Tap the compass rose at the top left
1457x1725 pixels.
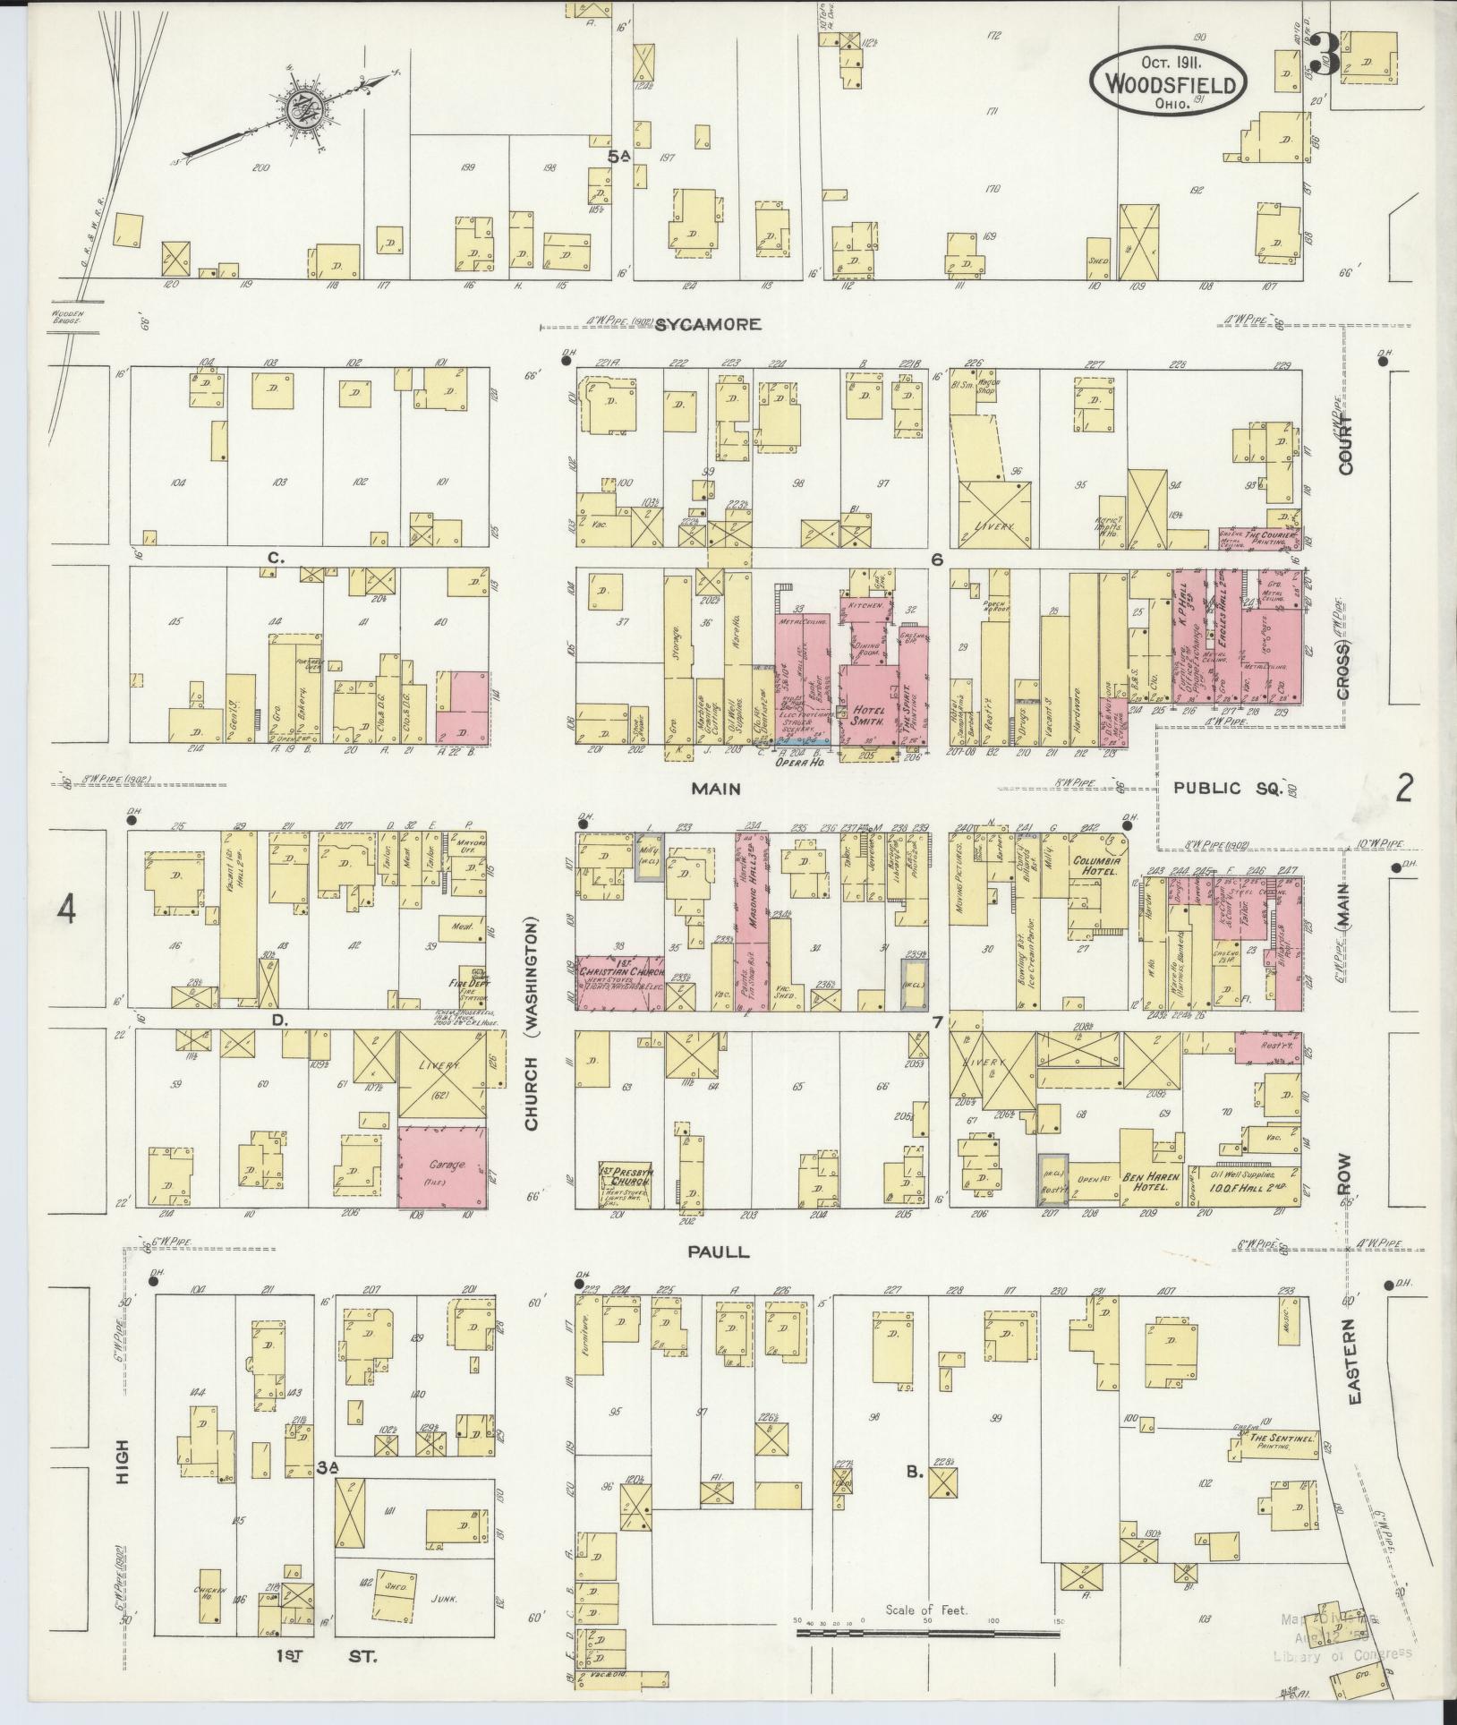304,109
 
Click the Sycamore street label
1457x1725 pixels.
708,324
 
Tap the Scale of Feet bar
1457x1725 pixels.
926,1634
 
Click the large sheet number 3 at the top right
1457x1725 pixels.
1325,56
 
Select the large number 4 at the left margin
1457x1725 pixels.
67,910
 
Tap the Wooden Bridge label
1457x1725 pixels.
64,318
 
